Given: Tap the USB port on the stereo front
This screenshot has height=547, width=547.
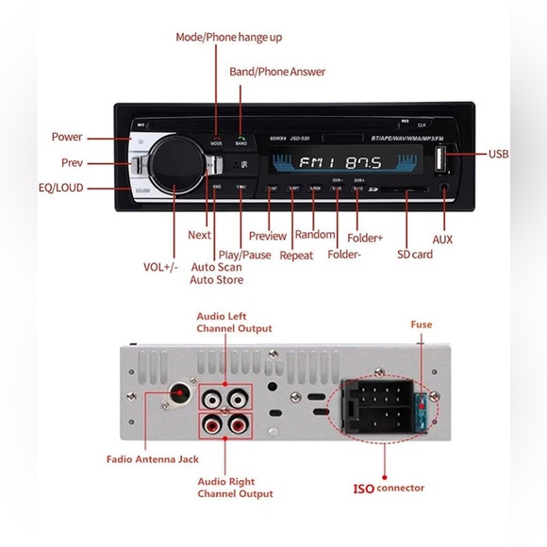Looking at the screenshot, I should point(444,157).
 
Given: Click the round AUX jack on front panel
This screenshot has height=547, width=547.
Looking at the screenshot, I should point(445,188).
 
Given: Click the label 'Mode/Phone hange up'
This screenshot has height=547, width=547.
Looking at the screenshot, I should point(229,37).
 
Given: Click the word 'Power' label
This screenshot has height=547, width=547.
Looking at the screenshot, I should point(67,137).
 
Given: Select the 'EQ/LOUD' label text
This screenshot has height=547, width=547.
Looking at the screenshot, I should point(58,188).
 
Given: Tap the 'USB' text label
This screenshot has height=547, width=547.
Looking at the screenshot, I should point(499,154).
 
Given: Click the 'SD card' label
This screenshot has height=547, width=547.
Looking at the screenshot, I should point(415,255).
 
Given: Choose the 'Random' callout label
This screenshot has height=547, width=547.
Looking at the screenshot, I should point(315,235).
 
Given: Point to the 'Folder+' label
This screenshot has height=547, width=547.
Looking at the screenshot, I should point(365,238).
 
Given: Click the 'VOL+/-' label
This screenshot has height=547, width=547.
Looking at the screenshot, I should point(162,267).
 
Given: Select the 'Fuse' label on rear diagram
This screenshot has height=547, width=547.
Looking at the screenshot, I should point(421,324).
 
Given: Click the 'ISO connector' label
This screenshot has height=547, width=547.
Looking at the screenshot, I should point(388,488).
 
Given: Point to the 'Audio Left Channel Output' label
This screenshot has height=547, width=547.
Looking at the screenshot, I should point(234,323).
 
